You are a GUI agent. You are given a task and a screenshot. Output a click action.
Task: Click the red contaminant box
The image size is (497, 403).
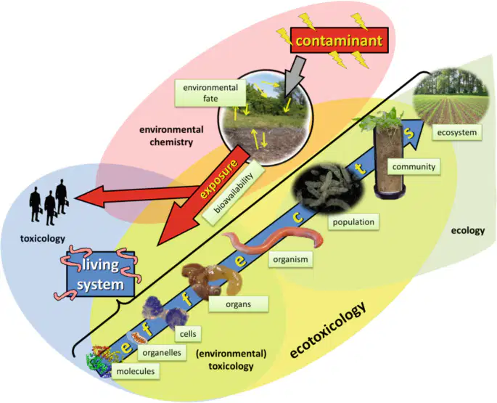[339, 41]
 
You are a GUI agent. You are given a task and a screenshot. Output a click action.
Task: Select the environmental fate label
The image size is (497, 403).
[210, 93]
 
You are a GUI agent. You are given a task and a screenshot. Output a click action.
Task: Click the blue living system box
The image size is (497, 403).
[100, 274]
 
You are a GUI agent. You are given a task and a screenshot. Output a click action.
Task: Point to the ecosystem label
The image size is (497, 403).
[457, 132]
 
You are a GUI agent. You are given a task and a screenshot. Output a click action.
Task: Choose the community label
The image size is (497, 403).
[414, 166]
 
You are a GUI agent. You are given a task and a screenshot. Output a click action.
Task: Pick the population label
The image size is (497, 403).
[353, 221]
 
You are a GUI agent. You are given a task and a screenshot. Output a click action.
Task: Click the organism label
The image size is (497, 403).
[290, 259]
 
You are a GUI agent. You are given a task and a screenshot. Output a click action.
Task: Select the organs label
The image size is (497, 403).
[239, 304]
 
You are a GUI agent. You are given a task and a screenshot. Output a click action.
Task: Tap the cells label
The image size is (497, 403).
[188, 334]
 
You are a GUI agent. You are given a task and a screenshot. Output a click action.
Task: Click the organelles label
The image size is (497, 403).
[162, 353]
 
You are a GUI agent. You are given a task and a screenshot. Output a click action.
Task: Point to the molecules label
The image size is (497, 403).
[136, 371]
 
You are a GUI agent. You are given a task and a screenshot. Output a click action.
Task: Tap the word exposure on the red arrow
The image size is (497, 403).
[220, 179]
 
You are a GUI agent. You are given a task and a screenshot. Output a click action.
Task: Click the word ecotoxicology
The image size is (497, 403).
[327, 330]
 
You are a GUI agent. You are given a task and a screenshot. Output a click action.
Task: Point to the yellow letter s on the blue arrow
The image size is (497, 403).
[409, 133]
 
